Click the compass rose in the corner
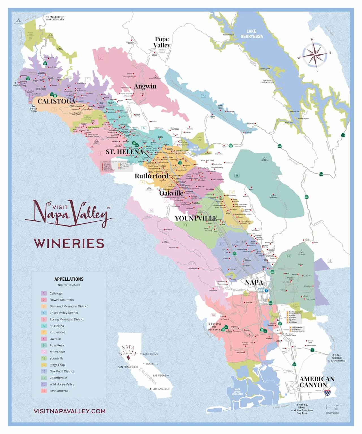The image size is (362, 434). coord(314,55)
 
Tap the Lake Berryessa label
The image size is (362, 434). coord(251,34)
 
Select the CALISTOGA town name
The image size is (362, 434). coord(57,101)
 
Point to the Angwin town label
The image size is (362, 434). coord(145,86)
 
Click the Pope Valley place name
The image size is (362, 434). coord(162,42)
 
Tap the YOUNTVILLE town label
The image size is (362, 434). coord(196,218)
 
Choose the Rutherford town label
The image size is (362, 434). coord(152,176)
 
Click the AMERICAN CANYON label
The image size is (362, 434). coord(317,382)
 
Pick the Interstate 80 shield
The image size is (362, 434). coord(327,393)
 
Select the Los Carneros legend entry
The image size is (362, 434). coord(59,391)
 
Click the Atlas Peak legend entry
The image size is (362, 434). coord(57,345)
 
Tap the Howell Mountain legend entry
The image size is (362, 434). coord(62,300)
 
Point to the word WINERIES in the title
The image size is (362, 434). coord(69,243)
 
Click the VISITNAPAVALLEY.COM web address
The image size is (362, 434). coord(70,411)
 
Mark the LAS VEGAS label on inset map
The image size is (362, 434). coord(160,375)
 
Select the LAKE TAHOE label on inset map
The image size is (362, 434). coord(150,354)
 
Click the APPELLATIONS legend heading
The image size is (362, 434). coord(69,279)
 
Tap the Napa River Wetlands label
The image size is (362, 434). coord(237,392)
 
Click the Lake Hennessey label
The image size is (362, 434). coord(195,148)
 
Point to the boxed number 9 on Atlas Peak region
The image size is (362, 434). coord(237,176)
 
